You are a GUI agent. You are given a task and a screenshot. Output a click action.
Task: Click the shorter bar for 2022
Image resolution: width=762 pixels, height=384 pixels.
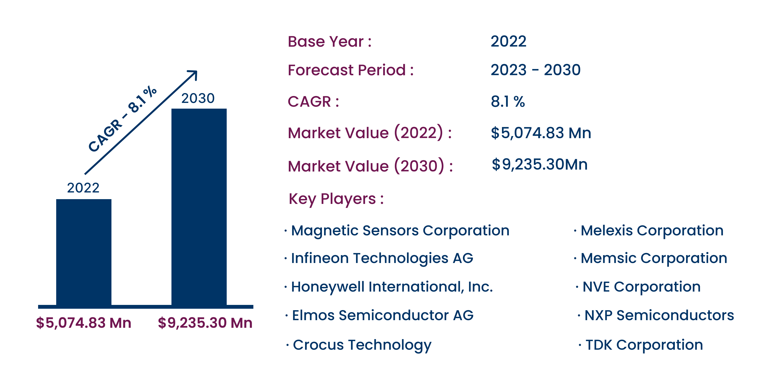tap(84, 252)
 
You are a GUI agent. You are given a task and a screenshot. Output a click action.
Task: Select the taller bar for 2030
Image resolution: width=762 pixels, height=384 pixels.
tap(199, 207)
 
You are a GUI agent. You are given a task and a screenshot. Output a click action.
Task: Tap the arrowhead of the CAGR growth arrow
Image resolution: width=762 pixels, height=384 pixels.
tap(193, 75)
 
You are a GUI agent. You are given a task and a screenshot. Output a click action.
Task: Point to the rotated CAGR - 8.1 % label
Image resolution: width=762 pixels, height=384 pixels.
tap(122, 118)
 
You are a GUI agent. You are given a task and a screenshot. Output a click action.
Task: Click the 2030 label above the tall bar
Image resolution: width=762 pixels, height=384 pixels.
tap(198, 98)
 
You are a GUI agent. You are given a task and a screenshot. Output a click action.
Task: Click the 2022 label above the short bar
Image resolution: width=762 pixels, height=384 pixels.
tap(83, 188)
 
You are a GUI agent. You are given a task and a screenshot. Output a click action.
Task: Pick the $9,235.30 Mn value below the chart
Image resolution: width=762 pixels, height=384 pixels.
tap(205, 323)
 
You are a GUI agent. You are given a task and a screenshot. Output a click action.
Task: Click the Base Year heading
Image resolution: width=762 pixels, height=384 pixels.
tap(330, 41)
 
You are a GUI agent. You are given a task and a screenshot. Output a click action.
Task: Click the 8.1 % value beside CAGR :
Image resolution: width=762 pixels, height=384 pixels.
tap(508, 101)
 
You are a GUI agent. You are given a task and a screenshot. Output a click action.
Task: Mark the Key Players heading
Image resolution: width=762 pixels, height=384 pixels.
tap(336, 199)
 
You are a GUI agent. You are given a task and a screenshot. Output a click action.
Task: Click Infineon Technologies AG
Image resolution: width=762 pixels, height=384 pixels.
tap(382, 258)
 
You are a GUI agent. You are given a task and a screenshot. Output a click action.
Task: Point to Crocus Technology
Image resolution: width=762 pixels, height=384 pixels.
tap(362, 345)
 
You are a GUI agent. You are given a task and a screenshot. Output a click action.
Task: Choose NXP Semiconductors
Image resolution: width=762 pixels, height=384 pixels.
tap(659, 315)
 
